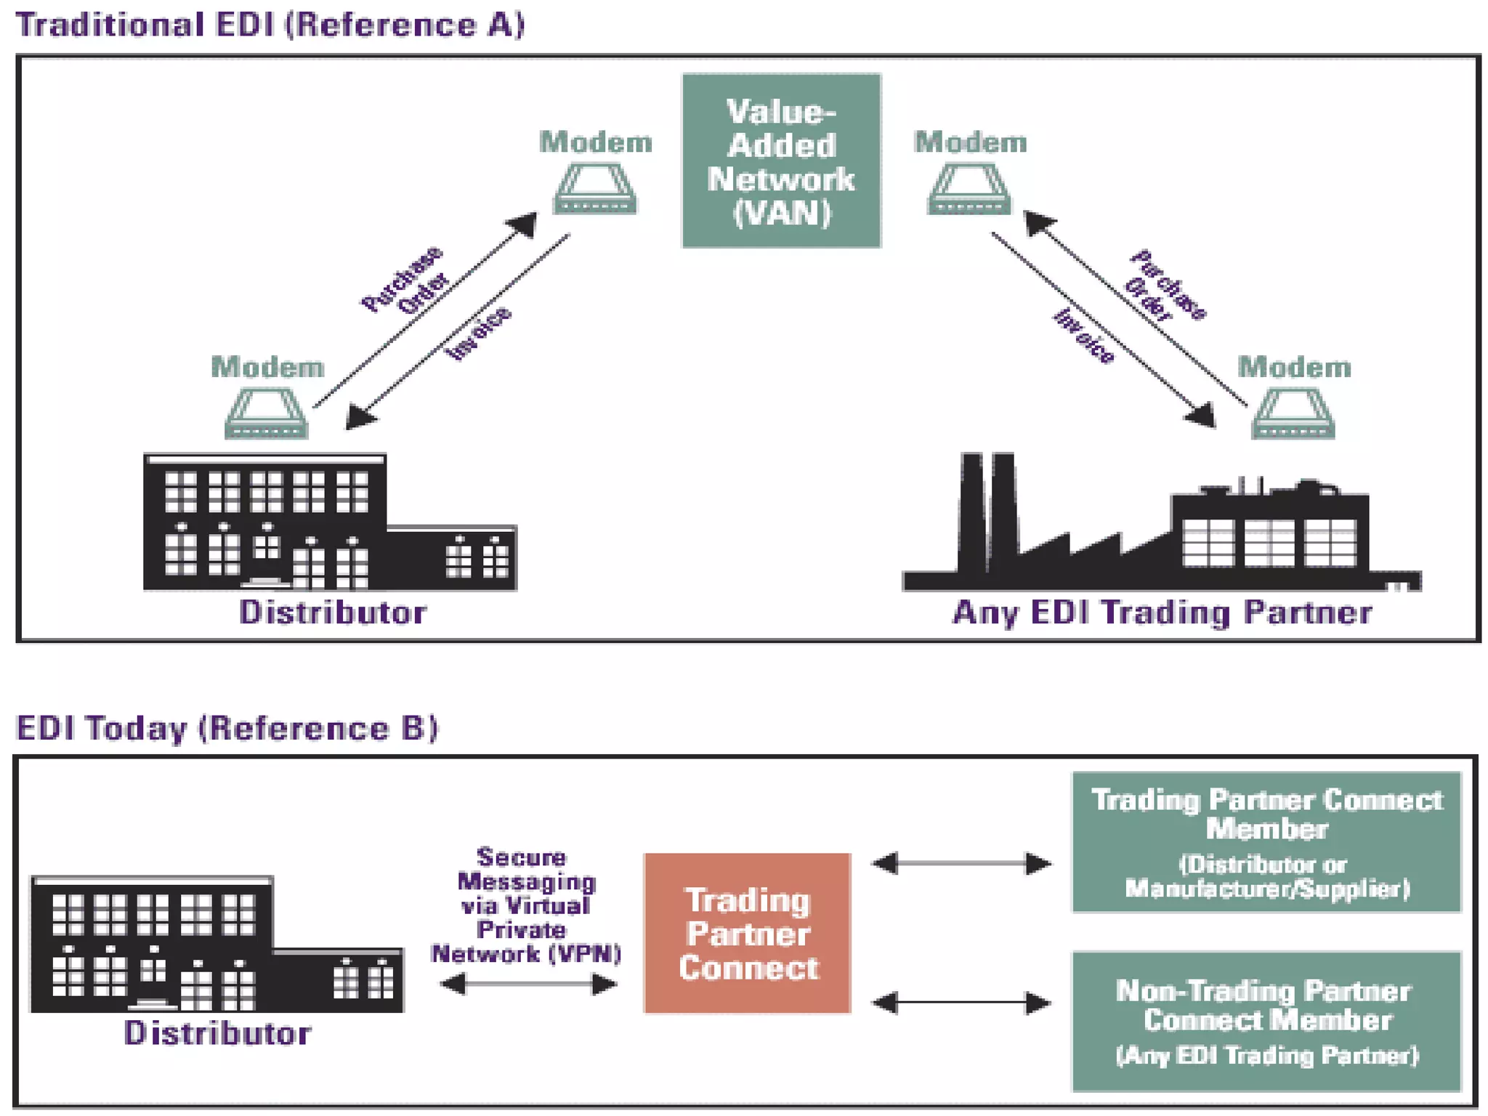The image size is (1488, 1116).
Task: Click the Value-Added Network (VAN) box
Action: pyautogui.click(x=781, y=161)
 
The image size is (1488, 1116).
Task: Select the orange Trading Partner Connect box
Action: pyautogui.click(x=747, y=933)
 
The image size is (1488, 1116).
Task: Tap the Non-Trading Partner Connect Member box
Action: pyautogui.click(x=1266, y=1021)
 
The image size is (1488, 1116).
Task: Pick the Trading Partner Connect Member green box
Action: pyautogui.click(x=1266, y=841)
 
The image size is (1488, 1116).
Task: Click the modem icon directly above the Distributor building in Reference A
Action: pyautogui.click(x=267, y=414)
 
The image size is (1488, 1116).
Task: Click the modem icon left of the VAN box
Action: pyautogui.click(x=595, y=189)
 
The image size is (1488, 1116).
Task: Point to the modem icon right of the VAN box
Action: pyautogui.click(x=969, y=189)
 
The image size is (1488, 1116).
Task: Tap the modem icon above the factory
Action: pyautogui.click(x=1293, y=414)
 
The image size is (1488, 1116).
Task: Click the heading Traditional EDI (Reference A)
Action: pyautogui.click(x=270, y=25)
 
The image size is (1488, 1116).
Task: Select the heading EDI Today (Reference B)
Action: pyautogui.click(x=227, y=728)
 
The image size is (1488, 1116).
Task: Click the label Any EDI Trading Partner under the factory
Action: pyautogui.click(x=1162, y=612)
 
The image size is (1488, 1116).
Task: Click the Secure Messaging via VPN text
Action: pyautogui.click(x=525, y=905)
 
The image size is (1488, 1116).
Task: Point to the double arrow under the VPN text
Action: pyautogui.click(x=528, y=984)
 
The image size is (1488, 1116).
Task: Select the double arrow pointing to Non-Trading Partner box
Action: pyautogui.click(x=961, y=1003)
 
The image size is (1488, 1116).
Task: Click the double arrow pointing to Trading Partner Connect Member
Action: pyautogui.click(x=961, y=863)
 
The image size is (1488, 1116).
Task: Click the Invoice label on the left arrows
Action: pyautogui.click(x=478, y=333)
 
